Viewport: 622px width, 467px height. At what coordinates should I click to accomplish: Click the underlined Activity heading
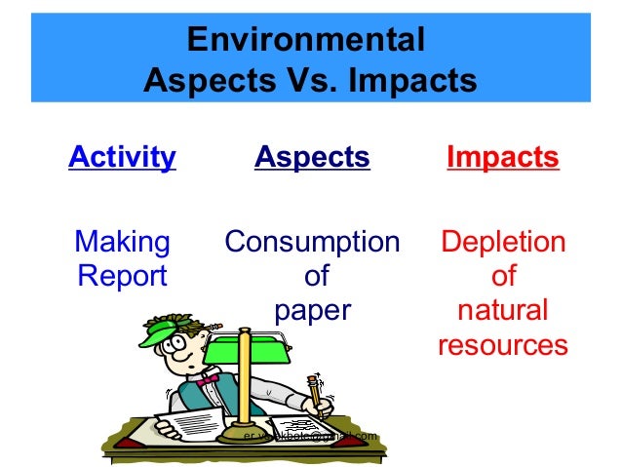pos(122,157)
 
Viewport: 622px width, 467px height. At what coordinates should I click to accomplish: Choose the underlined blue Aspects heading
pos(312,157)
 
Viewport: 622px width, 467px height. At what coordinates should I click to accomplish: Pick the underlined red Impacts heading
pos(502,157)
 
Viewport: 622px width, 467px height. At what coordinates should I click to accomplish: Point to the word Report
pos(122,276)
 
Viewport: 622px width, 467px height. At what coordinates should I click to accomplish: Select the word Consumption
pos(312,241)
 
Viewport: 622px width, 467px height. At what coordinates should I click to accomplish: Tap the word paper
pos(312,311)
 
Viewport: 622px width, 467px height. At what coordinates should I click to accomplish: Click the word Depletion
pos(502,241)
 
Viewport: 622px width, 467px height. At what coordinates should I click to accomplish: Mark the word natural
pos(502,311)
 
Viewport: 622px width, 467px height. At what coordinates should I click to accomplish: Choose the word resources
pos(502,345)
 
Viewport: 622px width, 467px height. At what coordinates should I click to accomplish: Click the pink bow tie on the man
pos(208,381)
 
